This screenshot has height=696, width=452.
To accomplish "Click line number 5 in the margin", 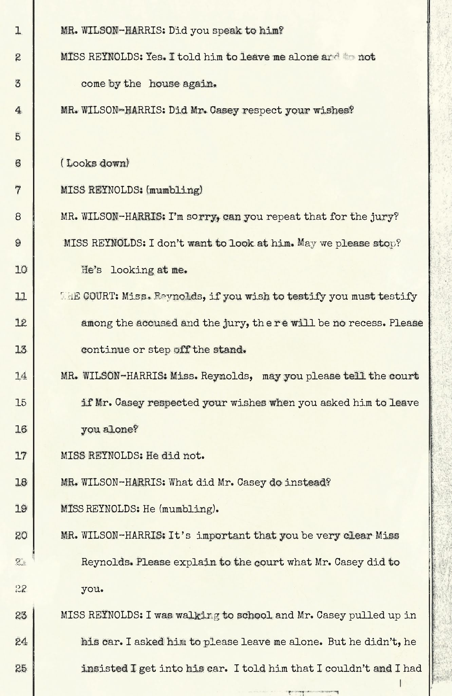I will (x=18, y=137).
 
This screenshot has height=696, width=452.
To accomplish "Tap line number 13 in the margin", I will (x=21, y=349).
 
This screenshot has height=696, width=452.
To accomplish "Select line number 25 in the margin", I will (x=21, y=668).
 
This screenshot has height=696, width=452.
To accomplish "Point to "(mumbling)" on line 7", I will (x=174, y=190).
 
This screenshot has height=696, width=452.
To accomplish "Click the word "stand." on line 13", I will (x=229, y=349).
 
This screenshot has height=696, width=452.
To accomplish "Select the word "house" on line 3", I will (x=164, y=84).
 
